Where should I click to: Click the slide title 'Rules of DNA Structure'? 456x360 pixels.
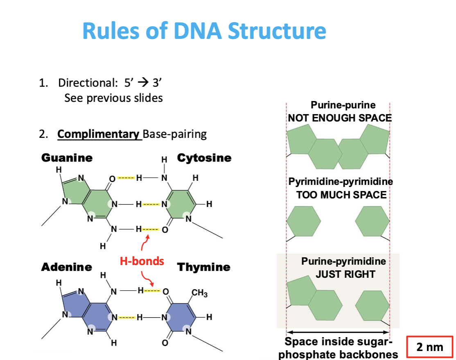[x=204, y=31]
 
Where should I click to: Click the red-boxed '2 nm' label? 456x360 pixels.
[x=429, y=347]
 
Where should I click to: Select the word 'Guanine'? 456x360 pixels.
[x=67, y=158]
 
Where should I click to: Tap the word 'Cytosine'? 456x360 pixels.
[x=204, y=158]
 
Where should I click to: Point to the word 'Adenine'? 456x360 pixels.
[x=66, y=267]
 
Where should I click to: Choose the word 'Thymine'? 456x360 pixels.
[x=203, y=267]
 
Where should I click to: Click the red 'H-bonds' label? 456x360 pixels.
[x=142, y=261]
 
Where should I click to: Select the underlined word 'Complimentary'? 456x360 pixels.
[x=99, y=134]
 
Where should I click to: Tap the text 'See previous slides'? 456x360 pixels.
[x=113, y=98]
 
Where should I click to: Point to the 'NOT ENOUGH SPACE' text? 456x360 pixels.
[x=340, y=118]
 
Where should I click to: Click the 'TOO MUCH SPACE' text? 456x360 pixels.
[x=341, y=194]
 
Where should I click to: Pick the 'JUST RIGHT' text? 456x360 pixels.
[x=345, y=274]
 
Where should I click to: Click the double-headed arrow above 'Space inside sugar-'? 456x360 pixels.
[x=338, y=332]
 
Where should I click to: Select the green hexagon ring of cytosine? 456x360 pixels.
[x=178, y=203]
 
